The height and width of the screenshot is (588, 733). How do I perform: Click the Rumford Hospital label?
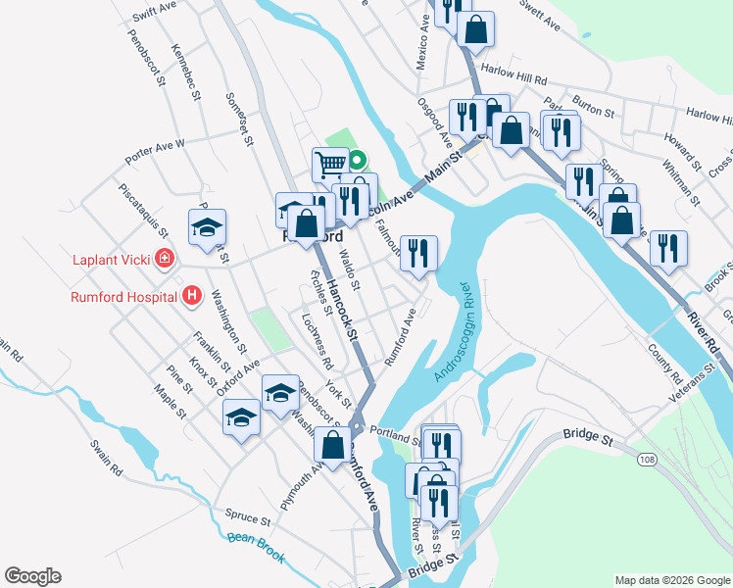pos(124,295)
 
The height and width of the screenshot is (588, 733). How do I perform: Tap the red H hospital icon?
pos(193,295)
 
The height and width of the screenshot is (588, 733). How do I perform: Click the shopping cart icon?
pos(330,163)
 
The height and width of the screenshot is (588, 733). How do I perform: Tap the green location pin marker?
pos(359,159)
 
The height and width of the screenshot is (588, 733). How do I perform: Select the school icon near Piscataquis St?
pos(207,227)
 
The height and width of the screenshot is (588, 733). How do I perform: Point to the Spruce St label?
pos(247,516)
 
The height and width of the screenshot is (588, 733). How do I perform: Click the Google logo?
pos(32,576)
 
